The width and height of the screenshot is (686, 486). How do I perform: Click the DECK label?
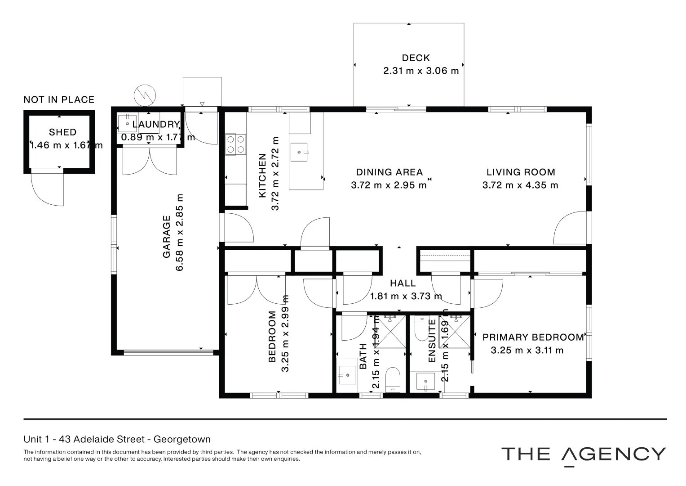pyautogui.click(x=416, y=58)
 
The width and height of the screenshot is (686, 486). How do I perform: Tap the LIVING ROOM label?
pyautogui.click(x=521, y=172)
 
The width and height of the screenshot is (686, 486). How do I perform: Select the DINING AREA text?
pyautogui.click(x=389, y=172)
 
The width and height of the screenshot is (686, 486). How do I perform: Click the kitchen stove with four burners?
pyautogui.click(x=236, y=144)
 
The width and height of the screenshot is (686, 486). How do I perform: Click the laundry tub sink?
pyautogui.click(x=127, y=123)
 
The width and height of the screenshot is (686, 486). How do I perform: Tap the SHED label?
pyautogui.click(x=62, y=132)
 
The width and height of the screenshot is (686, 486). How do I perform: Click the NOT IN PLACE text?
pyautogui.click(x=59, y=99)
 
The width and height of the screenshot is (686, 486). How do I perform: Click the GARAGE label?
pyautogui.click(x=167, y=237)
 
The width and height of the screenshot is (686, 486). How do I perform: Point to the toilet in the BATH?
pyautogui.click(x=393, y=379)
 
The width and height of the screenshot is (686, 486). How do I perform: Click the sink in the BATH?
pyautogui.click(x=347, y=375)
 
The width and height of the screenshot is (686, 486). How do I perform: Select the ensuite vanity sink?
pyautogui.click(x=425, y=382)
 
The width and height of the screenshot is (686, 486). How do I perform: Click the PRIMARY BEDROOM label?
pyautogui.click(x=533, y=337)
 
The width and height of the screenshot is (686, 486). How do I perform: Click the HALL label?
pyautogui.click(x=403, y=283)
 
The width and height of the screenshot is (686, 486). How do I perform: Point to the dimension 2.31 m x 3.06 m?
pyautogui.click(x=421, y=71)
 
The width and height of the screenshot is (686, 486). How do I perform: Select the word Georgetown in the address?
pyautogui.click(x=182, y=439)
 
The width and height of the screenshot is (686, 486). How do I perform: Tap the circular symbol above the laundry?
pyautogui.click(x=145, y=94)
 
